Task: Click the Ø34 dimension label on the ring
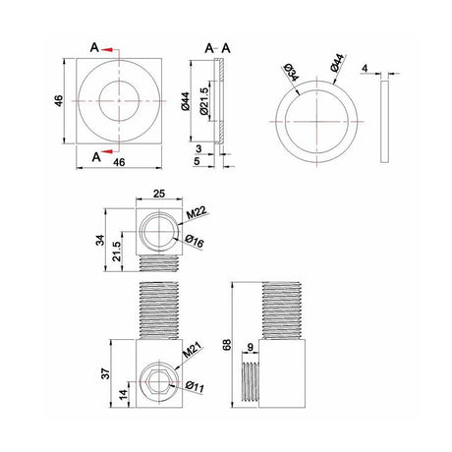(291, 73)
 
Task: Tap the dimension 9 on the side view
(253, 346)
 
